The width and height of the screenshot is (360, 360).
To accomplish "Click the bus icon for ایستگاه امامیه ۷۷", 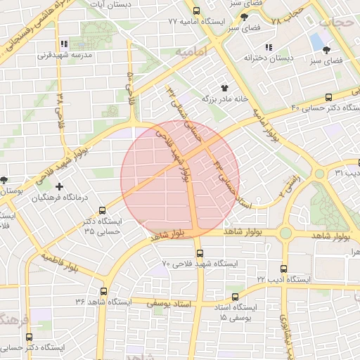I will (196, 11).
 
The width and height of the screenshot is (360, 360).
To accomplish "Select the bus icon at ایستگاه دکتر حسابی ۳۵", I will (103, 210).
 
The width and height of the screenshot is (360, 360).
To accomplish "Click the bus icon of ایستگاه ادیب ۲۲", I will (284, 269).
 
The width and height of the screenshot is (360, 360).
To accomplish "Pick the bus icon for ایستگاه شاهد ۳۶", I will (104, 291).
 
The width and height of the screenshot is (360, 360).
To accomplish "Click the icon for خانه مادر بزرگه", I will (224, 88).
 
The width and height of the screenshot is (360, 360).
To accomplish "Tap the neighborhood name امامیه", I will (190, 53).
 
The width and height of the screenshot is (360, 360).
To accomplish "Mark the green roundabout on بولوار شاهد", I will (285, 233).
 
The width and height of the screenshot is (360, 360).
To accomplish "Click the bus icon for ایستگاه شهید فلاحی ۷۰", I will (199, 252).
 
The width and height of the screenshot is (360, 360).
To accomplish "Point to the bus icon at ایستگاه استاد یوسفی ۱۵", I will (235, 297).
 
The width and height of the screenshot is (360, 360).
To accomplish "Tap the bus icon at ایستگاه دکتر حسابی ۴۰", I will (329, 98).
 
